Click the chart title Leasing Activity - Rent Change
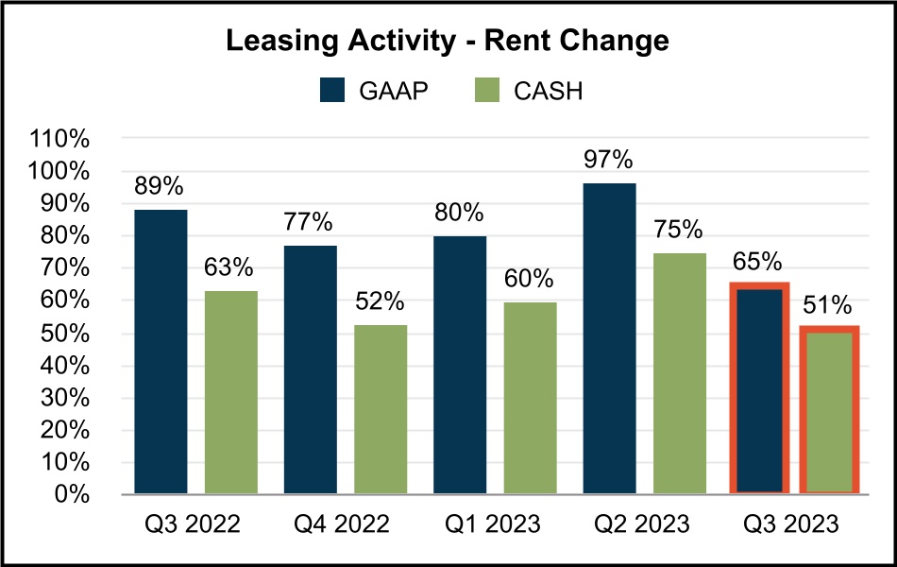click(448, 41)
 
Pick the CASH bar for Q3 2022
click(231, 392)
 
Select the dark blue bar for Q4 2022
click(311, 369)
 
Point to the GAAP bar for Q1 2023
click(460, 365)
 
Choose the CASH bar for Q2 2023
click(680, 373)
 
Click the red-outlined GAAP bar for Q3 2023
click(759, 388)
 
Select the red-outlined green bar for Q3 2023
click(830, 410)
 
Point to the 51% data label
click(828, 305)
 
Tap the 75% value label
click(679, 231)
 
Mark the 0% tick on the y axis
click(72, 494)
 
